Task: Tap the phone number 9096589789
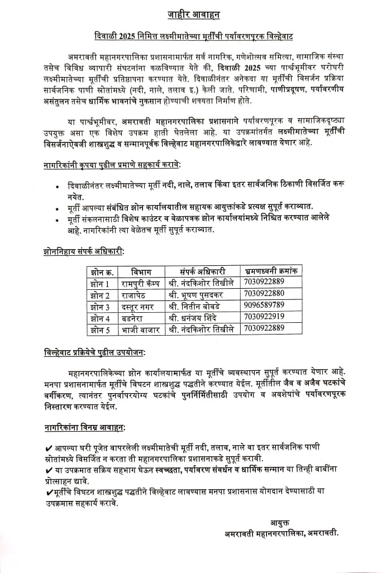click(264, 305)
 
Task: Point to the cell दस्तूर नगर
click(140, 306)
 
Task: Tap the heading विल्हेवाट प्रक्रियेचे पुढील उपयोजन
click(95, 354)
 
